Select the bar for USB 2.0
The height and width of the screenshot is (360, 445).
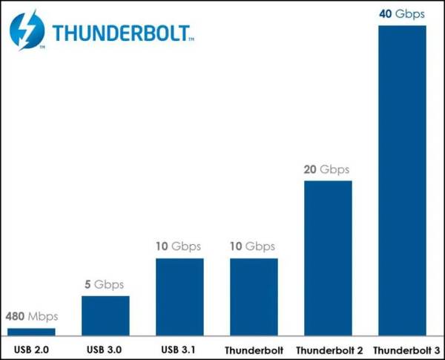[x=31, y=331]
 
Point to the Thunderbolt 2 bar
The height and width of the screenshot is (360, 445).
[x=328, y=258]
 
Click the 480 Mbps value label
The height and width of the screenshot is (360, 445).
[x=31, y=317]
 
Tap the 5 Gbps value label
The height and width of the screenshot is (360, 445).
[x=105, y=285]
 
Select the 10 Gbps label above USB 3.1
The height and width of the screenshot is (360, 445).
[x=179, y=247]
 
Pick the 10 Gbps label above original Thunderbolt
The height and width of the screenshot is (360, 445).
[x=254, y=247]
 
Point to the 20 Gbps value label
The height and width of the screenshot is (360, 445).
[x=328, y=169]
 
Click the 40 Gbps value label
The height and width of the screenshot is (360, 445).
[x=402, y=13]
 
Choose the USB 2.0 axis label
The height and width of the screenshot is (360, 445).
[x=31, y=348]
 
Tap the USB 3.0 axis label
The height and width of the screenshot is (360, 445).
[x=105, y=348]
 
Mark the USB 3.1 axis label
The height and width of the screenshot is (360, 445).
[x=179, y=348]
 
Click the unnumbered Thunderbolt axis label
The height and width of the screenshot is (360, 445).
[x=254, y=349]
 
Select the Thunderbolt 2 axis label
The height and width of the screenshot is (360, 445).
[x=328, y=349]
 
